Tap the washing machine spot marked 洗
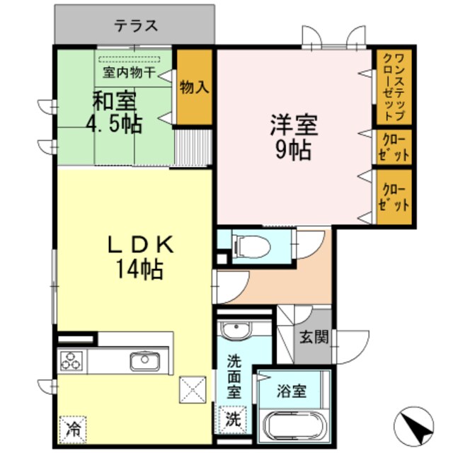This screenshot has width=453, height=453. click(x=233, y=418)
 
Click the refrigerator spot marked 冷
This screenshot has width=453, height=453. click(x=72, y=427)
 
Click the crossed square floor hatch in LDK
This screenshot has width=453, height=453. click(x=192, y=389)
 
